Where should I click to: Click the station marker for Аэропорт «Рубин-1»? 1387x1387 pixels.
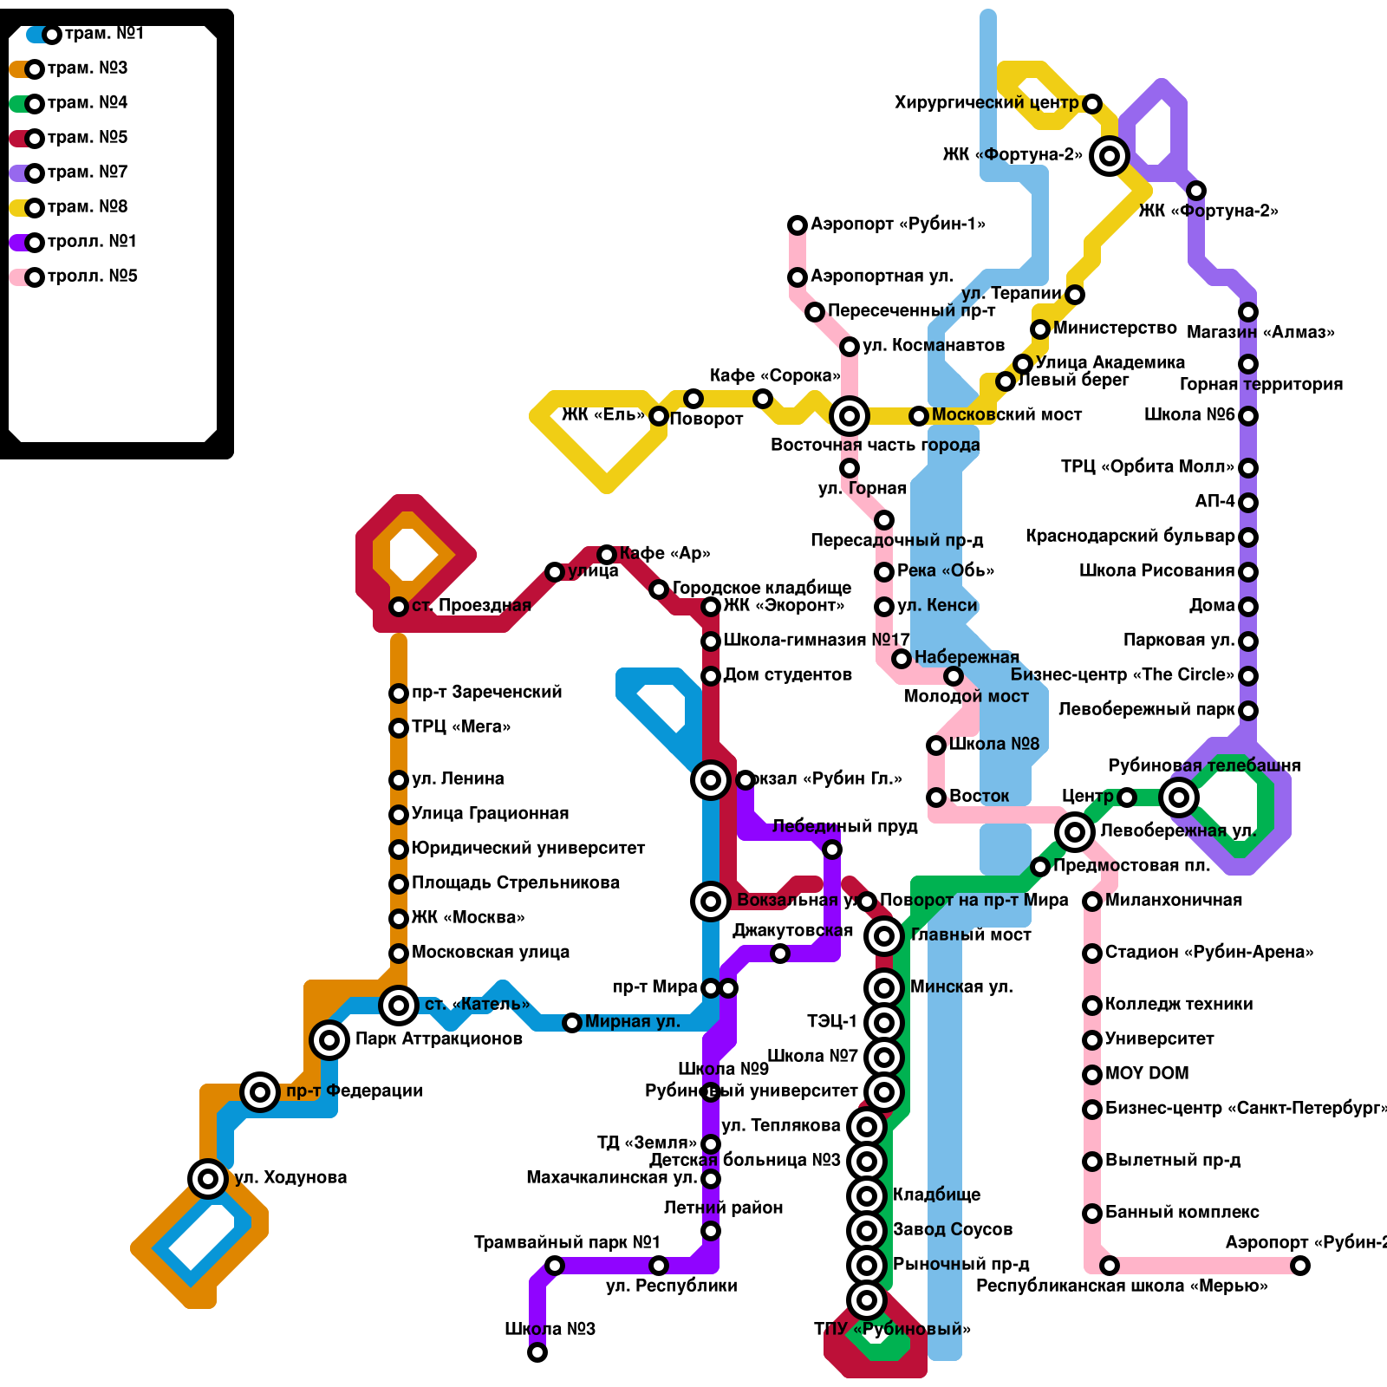click(x=798, y=225)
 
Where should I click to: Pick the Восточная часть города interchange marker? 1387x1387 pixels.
click(x=850, y=416)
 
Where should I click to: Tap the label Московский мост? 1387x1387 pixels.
click(x=1006, y=415)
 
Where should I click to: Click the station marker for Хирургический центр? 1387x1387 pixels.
click(x=1092, y=104)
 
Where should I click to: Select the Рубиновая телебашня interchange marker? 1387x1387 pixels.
click(x=1179, y=798)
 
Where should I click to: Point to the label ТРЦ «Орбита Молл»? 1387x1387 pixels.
click(x=1148, y=467)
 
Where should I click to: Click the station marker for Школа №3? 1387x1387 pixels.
click(x=537, y=1352)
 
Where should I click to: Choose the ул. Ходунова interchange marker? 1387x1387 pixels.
click(x=208, y=1179)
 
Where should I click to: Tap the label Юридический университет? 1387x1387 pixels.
click(x=528, y=849)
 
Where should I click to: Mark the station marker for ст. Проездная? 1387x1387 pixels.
click(x=399, y=607)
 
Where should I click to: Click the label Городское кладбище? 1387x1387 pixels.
click(x=762, y=589)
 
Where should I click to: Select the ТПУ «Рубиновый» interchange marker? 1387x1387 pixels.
click(x=867, y=1300)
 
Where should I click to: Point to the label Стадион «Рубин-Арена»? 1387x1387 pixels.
click(x=1208, y=953)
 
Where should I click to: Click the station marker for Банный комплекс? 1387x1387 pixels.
click(x=1092, y=1214)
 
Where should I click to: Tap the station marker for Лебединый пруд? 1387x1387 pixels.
click(x=832, y=850)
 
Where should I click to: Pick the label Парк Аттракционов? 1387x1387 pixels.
click(x=439, y=1039)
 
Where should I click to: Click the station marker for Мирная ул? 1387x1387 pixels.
click(x=572, y=1023)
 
